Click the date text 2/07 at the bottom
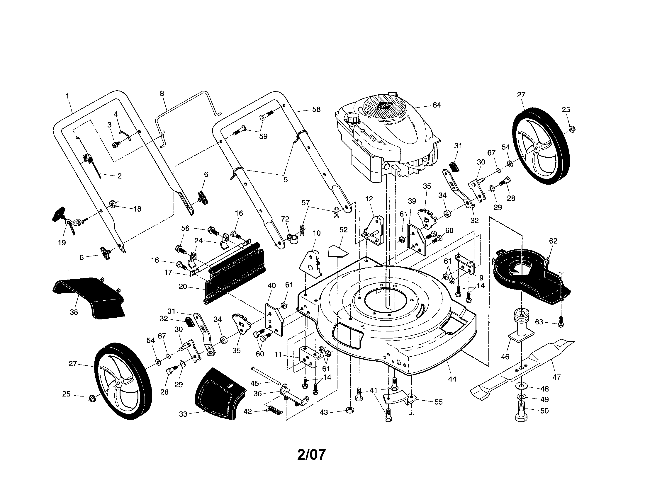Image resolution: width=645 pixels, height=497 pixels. pos(311,455)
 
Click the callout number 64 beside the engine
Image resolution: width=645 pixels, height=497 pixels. pos(437,105)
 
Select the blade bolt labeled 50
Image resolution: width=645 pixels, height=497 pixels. pos(522,411)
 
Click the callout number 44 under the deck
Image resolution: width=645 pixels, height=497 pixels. pos(452,379)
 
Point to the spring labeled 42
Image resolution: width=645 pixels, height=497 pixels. pos(275,410)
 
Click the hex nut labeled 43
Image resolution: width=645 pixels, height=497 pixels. pos(350,410)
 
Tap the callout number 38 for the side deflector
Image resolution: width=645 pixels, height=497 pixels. pos(74,312)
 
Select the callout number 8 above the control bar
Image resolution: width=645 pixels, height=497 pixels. pos(162,93)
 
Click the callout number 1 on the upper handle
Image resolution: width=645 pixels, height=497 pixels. pos(68,96)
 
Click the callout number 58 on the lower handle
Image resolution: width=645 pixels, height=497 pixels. pos(316,109)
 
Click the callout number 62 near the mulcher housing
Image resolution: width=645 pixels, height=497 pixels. pos(553,241)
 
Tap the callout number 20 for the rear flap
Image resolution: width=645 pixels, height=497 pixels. pos(183,286)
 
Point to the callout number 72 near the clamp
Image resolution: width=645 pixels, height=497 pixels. pos(285,219)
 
